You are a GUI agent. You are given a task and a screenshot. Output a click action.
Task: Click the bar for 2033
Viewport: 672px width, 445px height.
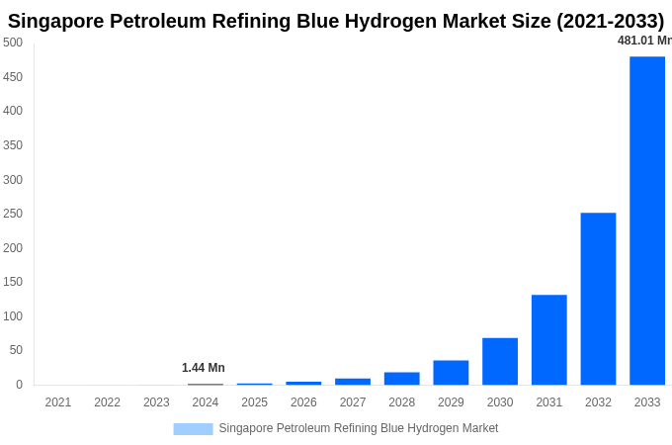[x=647, y=221]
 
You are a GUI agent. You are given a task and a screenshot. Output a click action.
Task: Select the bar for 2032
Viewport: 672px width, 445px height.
[x=598, y=299]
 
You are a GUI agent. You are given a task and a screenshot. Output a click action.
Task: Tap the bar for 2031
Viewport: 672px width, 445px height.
[x=548, y=339]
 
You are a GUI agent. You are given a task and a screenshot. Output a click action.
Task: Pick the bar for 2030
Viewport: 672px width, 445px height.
[x=500, y=361]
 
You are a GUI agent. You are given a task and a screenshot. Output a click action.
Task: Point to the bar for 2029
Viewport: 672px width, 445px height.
[x=451, y=373]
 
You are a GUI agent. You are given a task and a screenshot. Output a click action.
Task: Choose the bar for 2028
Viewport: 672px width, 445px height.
[x=401, y=379]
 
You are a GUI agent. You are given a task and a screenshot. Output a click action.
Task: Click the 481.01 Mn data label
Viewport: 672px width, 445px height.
[x=644, y=41]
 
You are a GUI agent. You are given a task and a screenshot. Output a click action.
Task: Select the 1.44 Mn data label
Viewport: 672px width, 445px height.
[x=204, y=368]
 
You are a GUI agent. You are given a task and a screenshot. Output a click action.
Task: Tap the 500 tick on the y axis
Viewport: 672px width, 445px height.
[x=13, y=43]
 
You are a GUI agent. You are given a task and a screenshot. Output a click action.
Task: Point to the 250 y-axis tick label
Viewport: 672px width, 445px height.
[x=13, y=214]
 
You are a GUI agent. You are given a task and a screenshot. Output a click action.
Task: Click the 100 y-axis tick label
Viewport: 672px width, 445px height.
[x=13, y=316]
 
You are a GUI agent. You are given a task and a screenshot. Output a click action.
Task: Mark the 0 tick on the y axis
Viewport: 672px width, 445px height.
[x=19, y=385]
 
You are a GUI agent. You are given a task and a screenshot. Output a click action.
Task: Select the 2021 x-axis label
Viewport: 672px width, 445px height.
[x=58, y=402]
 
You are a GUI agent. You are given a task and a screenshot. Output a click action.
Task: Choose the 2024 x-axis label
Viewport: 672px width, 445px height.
[x=206, y=402]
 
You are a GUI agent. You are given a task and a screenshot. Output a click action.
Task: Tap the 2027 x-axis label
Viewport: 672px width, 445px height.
[x=353, y=402]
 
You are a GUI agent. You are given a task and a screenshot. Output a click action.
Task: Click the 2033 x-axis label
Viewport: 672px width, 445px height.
[x=647, y=402]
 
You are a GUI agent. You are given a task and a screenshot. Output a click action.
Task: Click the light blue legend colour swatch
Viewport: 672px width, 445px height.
[x=193, y=429]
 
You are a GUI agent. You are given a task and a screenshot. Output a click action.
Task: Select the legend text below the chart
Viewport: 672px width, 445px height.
[x=359, y=428]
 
